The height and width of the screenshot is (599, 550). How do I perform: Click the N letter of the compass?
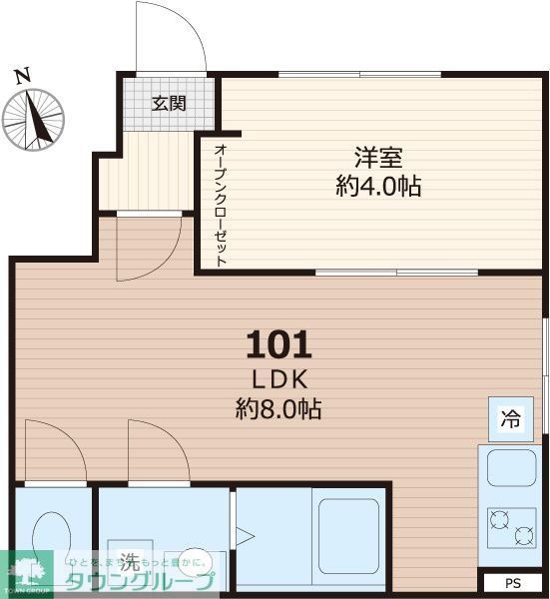tap(21, 75)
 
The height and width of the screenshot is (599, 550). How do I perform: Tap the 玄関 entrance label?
tap(169, 102)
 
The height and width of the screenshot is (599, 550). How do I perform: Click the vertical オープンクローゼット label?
tap(220, 205)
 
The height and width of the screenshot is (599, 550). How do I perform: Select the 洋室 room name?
tap(378, 158)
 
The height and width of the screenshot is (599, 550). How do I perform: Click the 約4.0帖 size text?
tap(378, 186)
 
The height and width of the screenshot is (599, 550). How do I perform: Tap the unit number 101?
tap(278, 345)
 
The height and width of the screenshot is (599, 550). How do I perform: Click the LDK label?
tap(278, 379)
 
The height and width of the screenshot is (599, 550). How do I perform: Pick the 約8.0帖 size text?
tap(278, 408)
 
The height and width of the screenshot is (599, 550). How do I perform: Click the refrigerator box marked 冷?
tap(510, 419)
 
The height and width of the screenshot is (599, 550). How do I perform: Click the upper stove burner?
tap(498, 519)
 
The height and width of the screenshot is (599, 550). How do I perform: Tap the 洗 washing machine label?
tap(129, 560)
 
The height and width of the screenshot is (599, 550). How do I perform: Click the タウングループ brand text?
tap(139, 582)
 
